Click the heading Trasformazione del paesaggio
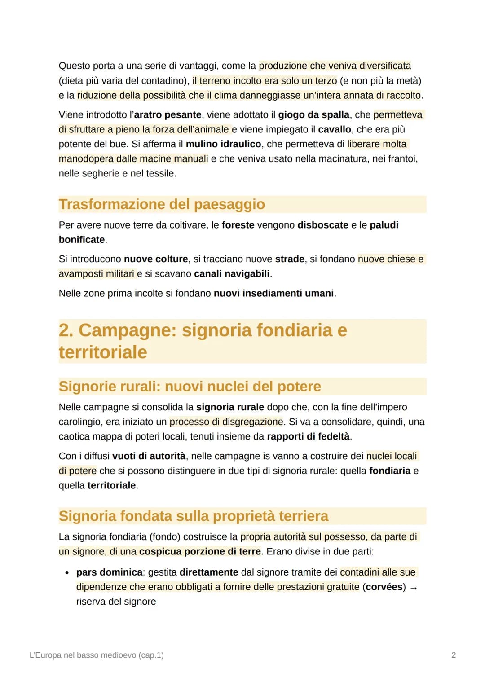(162, 204)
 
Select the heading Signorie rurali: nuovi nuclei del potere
(190, 387)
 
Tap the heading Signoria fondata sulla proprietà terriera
(193, 516)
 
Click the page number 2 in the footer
(453, 655)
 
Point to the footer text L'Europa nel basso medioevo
(96, 655)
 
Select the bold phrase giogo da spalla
(313, 115)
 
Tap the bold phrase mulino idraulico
(223, 144)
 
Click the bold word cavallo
(335, 130)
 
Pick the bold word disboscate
(322, 225)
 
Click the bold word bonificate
(82, 240)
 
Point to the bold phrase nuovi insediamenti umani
(273, 294)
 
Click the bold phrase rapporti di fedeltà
(308, 436)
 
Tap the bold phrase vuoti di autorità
(149, 456)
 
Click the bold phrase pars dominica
(109, 572)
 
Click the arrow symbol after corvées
(414, 588)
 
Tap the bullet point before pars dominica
(67, 573)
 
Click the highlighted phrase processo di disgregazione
(226, 422)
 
